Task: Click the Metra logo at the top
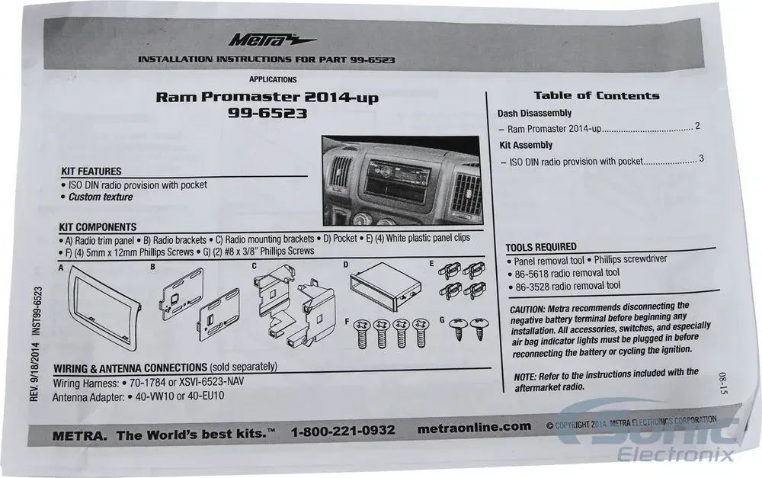coord(271,40)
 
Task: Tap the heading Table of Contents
coord(597,96)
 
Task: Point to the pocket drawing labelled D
coord(386,287)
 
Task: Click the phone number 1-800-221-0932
coord(343,431)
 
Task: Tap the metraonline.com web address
coord(474,428)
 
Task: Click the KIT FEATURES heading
coord(91,172)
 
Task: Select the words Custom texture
coord(101,197)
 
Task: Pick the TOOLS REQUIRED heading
coord(541,247)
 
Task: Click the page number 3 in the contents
coord(701,159)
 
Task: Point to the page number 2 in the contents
coord(697,126)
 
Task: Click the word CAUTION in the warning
coord(527,310)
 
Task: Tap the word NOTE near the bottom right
coord(525,377)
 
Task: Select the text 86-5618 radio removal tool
coord(567,273)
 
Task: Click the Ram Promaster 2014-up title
coord(267,97)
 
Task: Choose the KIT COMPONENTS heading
coord(98,227)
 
